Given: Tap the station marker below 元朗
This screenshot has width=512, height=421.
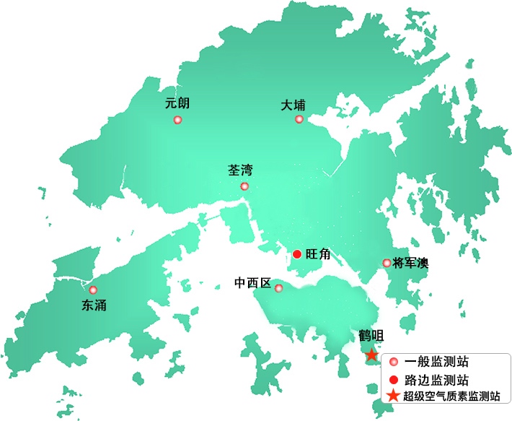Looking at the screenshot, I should pyautogui.click(x=177, y=120).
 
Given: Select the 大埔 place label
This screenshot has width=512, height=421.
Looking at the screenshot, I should pyautogui.click(x=293, y=105).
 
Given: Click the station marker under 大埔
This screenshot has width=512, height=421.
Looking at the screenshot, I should pyautogui.click(x=299, y=119).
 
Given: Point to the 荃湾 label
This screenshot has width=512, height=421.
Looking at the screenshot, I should pyautogui.click(x=240, y=170).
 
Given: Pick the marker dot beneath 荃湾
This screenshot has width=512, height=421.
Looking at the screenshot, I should pyautogui.click(x=244, y=186).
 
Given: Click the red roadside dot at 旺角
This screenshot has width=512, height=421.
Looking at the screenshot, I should pyautogui.click(x=297, y=253).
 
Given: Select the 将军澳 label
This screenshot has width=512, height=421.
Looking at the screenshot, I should pyautogui.click(x=410, y=263).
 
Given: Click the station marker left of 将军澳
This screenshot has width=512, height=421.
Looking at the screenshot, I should pyautogui.click(x=387, y=263).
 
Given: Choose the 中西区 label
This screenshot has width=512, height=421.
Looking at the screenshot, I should pyautogui.click(x=252, y=283).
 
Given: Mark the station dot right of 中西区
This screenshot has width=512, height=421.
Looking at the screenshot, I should pyautogui.click(x=279, y=289).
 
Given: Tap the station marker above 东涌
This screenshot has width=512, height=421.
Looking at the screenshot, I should pyautogui.click(x=93, y=290).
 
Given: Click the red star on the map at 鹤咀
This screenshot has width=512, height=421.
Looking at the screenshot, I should pyautogui.click(x=371, y=354).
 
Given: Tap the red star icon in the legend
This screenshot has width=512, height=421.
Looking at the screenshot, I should pyautogui.click(x=392, y=395).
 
